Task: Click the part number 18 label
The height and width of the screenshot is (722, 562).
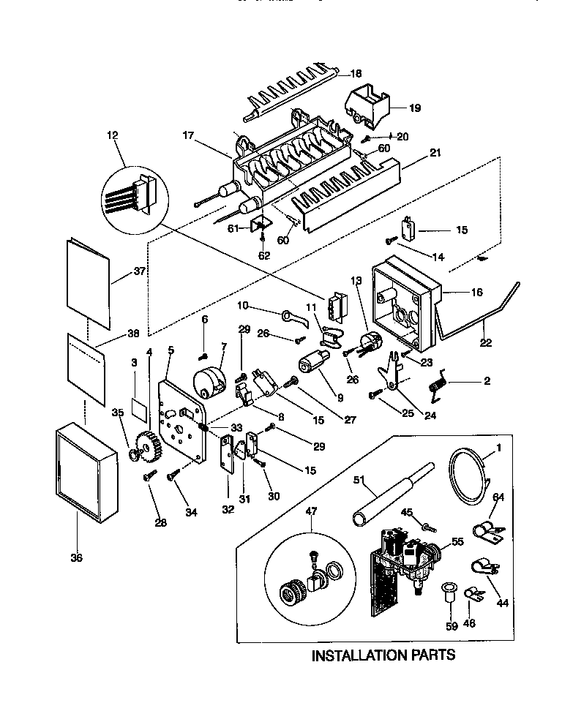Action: pos(356,73)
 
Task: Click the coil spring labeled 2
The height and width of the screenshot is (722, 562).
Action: pos(438,384)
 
